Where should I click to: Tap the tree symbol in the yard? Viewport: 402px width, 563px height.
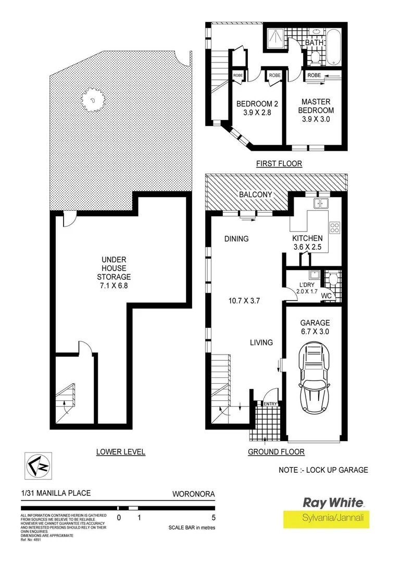93,99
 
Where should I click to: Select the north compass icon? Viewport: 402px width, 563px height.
35,465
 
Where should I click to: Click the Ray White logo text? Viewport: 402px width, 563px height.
333,503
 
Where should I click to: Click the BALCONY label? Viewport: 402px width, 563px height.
256,194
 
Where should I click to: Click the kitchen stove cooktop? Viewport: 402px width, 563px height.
335,227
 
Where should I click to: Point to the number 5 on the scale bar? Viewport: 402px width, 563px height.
214,518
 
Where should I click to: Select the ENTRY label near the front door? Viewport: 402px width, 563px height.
270,404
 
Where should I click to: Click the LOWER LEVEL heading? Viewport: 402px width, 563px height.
121,452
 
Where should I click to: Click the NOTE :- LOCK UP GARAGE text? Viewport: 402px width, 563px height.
323,470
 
